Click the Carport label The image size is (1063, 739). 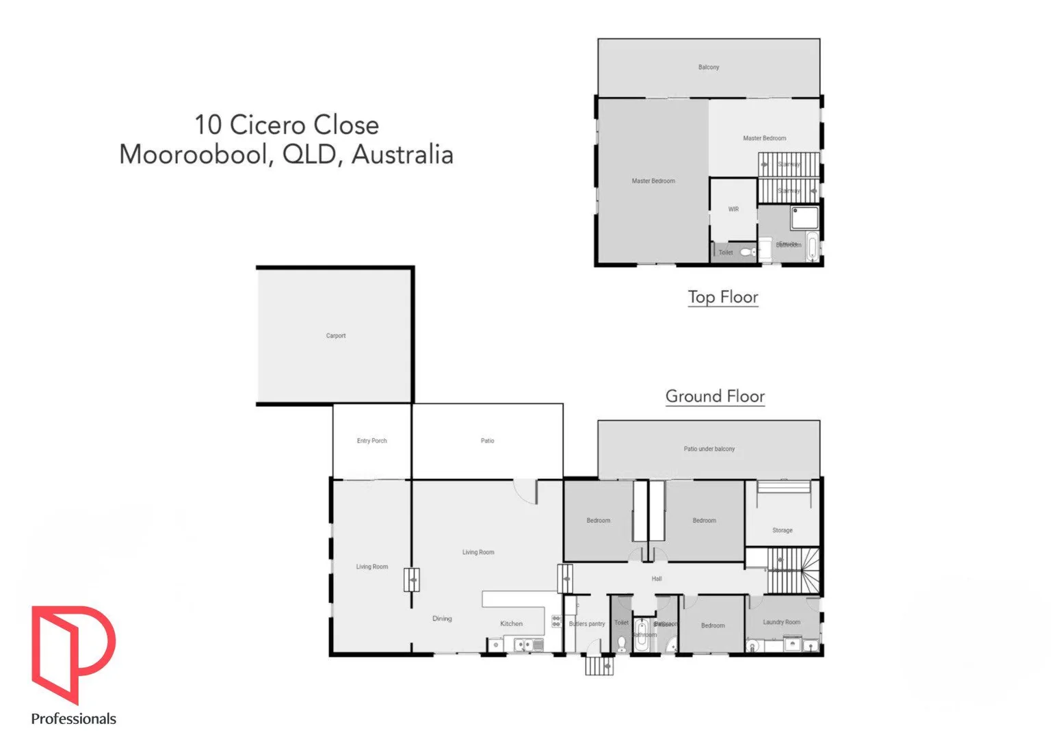(x=335, y=336)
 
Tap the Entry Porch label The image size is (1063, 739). (x=371, y=441)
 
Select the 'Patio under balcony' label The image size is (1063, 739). (x=709, y=449)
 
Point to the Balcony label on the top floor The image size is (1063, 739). (x=708, y=67)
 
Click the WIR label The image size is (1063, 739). (x=733, y=209)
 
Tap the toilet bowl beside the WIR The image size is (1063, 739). (x=747, y=252)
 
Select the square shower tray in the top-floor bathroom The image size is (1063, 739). (x=804, y=218)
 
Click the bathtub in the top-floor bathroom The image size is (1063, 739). (x=811, y=246)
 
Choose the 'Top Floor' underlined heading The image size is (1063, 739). (x=722, y=297)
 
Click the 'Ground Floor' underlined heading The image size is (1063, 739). (x=715, y=396)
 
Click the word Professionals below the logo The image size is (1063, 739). (x=73, y=718)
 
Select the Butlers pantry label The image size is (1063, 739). (x=586, y=624)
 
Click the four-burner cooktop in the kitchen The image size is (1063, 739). (x=556, y=621)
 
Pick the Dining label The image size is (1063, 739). (x=442, y=619)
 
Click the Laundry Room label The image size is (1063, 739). (x=781, y=622)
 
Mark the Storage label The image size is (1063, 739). (x=782, y=530)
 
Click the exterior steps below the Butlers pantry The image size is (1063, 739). (x=599, y=665)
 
